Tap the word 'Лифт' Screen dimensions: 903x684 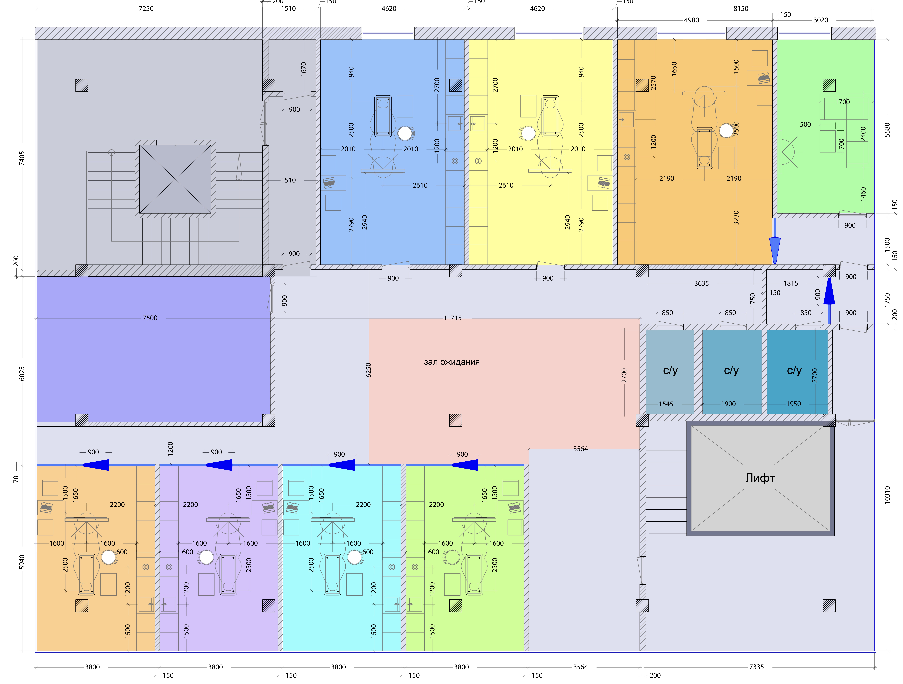click(760, 478)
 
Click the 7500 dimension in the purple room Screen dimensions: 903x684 click(150, 318)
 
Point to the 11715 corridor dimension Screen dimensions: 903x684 click(452, 318)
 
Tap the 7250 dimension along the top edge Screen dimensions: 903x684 click(146, 9)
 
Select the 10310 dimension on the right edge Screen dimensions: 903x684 click(887, 495)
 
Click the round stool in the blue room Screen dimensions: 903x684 click(405, 133)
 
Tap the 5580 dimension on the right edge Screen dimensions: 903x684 click(887, 130)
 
